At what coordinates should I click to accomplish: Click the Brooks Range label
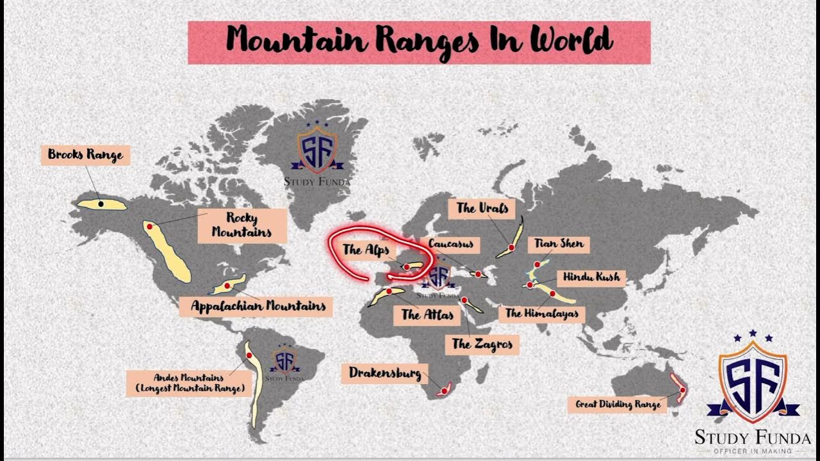(85, 155)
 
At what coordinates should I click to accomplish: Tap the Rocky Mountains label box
(242, 225)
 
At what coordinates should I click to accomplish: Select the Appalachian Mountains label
(258, 306)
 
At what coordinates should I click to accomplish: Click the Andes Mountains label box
(190, 383)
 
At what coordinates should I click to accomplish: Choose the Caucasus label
(451, 244)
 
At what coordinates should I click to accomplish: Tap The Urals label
(482, 208)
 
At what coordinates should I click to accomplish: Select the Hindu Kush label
(591, 277)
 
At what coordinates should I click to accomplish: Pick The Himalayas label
(542, 313)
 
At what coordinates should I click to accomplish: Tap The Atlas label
(427, 314)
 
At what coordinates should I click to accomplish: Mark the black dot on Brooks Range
(101, 204)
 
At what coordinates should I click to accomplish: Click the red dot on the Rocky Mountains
(149, 227)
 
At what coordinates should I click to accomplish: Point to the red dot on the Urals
(511, 247)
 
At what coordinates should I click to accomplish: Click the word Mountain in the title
(296, 41)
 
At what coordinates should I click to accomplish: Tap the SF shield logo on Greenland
(317, 150)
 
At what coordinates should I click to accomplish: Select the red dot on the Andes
(249, 354)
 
